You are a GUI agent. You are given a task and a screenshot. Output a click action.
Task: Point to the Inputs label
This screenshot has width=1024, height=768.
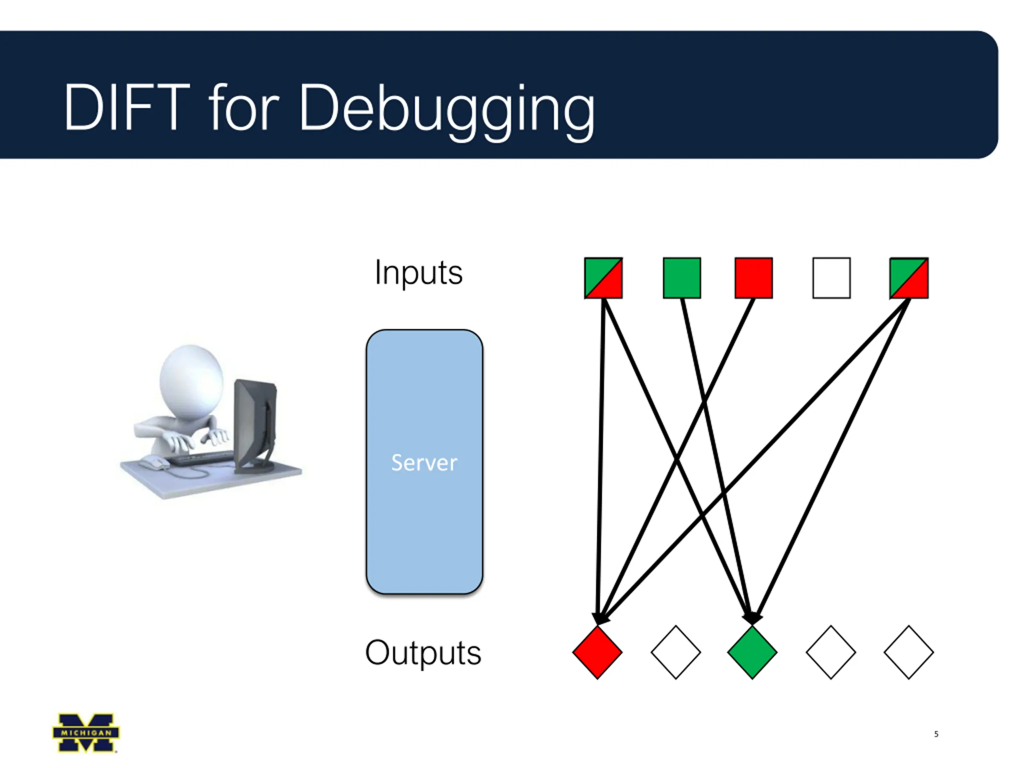tap(418, 273)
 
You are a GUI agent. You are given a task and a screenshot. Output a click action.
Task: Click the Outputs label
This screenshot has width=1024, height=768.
tap(423, 653)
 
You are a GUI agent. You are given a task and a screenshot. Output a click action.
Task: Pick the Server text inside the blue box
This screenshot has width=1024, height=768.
tap(424, 463)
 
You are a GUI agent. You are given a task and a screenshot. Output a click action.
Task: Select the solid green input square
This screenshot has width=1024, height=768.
tap(682, 278)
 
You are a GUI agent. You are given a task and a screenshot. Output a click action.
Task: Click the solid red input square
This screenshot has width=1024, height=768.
tap(754, 278)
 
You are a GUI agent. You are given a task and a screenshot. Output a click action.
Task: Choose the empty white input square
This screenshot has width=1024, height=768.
tap(832, 278)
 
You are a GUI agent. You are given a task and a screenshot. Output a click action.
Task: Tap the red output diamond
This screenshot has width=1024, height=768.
tap(597, 652)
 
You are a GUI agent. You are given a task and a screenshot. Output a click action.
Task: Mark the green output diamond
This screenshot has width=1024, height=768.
tap(752, 652)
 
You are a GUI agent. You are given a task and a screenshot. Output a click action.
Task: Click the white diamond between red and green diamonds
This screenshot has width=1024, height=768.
tap(676, 652)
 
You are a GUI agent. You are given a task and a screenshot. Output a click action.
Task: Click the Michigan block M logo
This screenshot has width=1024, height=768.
tap(86, 733)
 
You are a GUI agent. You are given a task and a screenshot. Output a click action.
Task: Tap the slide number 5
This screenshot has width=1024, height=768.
tap(936, 734)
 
